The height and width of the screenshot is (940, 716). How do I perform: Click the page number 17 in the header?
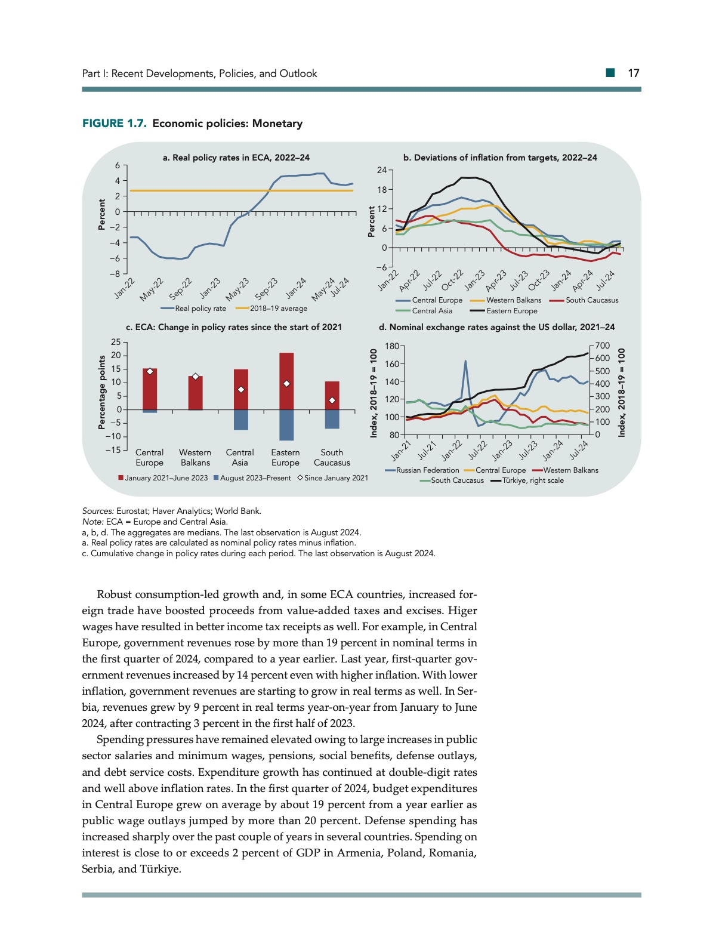point(633,73)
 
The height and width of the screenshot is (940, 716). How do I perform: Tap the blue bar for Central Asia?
point(240,420)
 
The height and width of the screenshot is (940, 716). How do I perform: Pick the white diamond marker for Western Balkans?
point(195,377)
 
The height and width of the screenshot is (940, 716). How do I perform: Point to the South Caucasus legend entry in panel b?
point(591,300)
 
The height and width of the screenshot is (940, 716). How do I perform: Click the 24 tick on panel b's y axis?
point(382,171)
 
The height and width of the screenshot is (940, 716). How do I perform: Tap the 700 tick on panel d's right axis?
point(603,346)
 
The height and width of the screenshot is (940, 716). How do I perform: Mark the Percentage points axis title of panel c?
point(102,393)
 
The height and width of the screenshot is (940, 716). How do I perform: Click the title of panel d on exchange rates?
point(496,327)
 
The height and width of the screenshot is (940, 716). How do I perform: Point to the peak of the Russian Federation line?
point(465,361)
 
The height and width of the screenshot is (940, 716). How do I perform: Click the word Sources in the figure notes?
point(97,511)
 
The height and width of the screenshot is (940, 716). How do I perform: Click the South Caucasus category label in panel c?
point(332,458)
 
